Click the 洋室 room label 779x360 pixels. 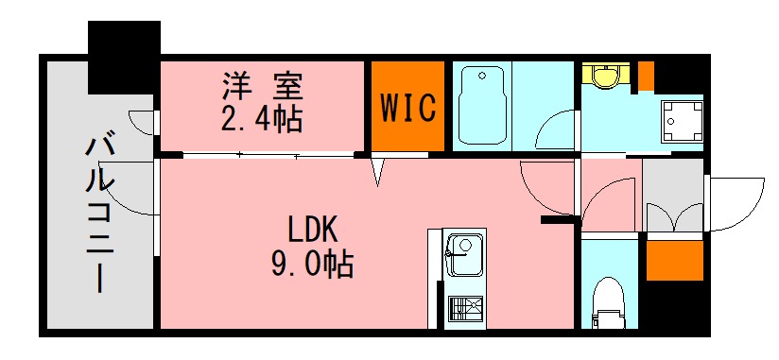[x=262, y=88]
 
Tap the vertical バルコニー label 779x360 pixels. [x=99, y=214]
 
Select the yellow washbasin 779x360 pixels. [x=601, y=76]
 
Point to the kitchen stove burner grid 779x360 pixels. [x=462, y=309]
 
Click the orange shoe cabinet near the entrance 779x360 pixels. [x=674, y=260]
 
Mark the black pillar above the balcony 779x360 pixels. [x=124, y=56]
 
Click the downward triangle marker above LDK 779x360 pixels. [x=377, y=173]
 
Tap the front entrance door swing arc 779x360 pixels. [x=734, y=203]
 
